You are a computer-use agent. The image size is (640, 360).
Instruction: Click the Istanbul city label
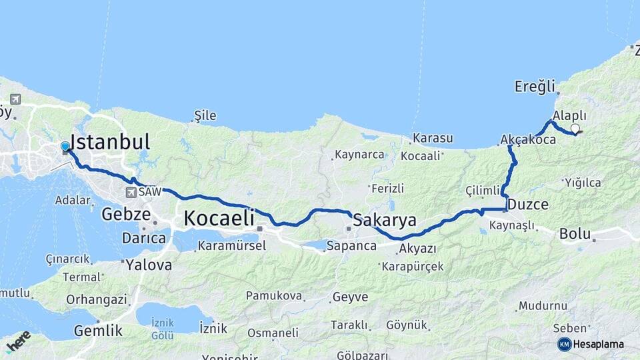pyautogui.click(x=110, y=142)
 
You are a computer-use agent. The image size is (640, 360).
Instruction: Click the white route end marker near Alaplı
pyautogui.click(x=575, y=129)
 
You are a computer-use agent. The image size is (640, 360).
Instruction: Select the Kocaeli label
pyautogui.click(x=219, y=217)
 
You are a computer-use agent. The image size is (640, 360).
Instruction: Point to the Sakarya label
pyautogui.click(x=385, y=220)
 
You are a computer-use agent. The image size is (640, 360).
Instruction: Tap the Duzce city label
pyautogui.click(x=528, y=204)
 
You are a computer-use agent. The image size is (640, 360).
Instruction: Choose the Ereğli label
pyautogui.click(x=535, y=86)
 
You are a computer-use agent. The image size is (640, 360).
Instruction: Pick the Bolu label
pyautogui.click(x=575, y=234)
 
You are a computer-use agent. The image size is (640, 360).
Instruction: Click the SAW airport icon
pyautogui.click(x=131, y=192)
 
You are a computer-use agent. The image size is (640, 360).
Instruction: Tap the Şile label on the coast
pyautogui.click(x=205, y=115)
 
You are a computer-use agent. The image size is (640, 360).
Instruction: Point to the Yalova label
pyautogui.click(x=150, y=265)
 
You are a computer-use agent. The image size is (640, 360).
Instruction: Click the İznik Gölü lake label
pyautogui.click(x=163, y=329)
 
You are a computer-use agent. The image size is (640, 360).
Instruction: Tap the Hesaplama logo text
pyautogui.click(x=598, y=344)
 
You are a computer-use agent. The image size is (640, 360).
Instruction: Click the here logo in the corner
pyautogui.click(x=18, y=341)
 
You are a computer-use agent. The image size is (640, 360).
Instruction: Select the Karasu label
pyautogui.click(x=433, y=139)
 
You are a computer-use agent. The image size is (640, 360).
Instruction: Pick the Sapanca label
pyautogui.click(x=351, y=246)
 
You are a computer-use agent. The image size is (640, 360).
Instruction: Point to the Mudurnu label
pyautogui.click(x=543, y=305)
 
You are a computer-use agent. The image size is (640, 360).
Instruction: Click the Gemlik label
pyautogui.click(x=98, y=330)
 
